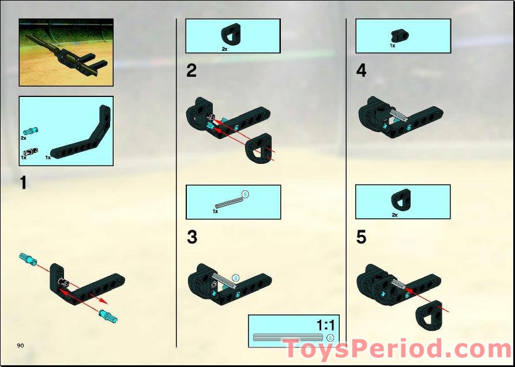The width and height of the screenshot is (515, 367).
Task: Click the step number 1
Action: (23, 183)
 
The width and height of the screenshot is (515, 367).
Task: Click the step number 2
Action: (191, 71)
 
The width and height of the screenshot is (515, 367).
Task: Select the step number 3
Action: (192, 237)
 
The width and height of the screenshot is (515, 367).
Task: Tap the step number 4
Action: (361, 71)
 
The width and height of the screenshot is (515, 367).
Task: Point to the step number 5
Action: (361, 237)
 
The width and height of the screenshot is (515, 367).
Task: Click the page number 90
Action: (20, 346)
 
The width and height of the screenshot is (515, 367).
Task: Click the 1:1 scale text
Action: (325, 325)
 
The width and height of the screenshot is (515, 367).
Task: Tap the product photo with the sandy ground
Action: (66, 53)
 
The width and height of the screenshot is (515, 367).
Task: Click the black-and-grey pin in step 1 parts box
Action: (31, 151)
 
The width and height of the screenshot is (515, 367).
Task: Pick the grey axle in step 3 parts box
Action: (230, 203)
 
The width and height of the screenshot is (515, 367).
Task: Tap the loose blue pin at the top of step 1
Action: (29, 259)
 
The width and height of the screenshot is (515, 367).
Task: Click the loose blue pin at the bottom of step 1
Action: (108, 316)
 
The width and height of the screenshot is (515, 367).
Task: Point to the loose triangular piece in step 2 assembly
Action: (259, 148)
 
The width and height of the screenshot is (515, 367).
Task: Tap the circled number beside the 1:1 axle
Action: (330, 338)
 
